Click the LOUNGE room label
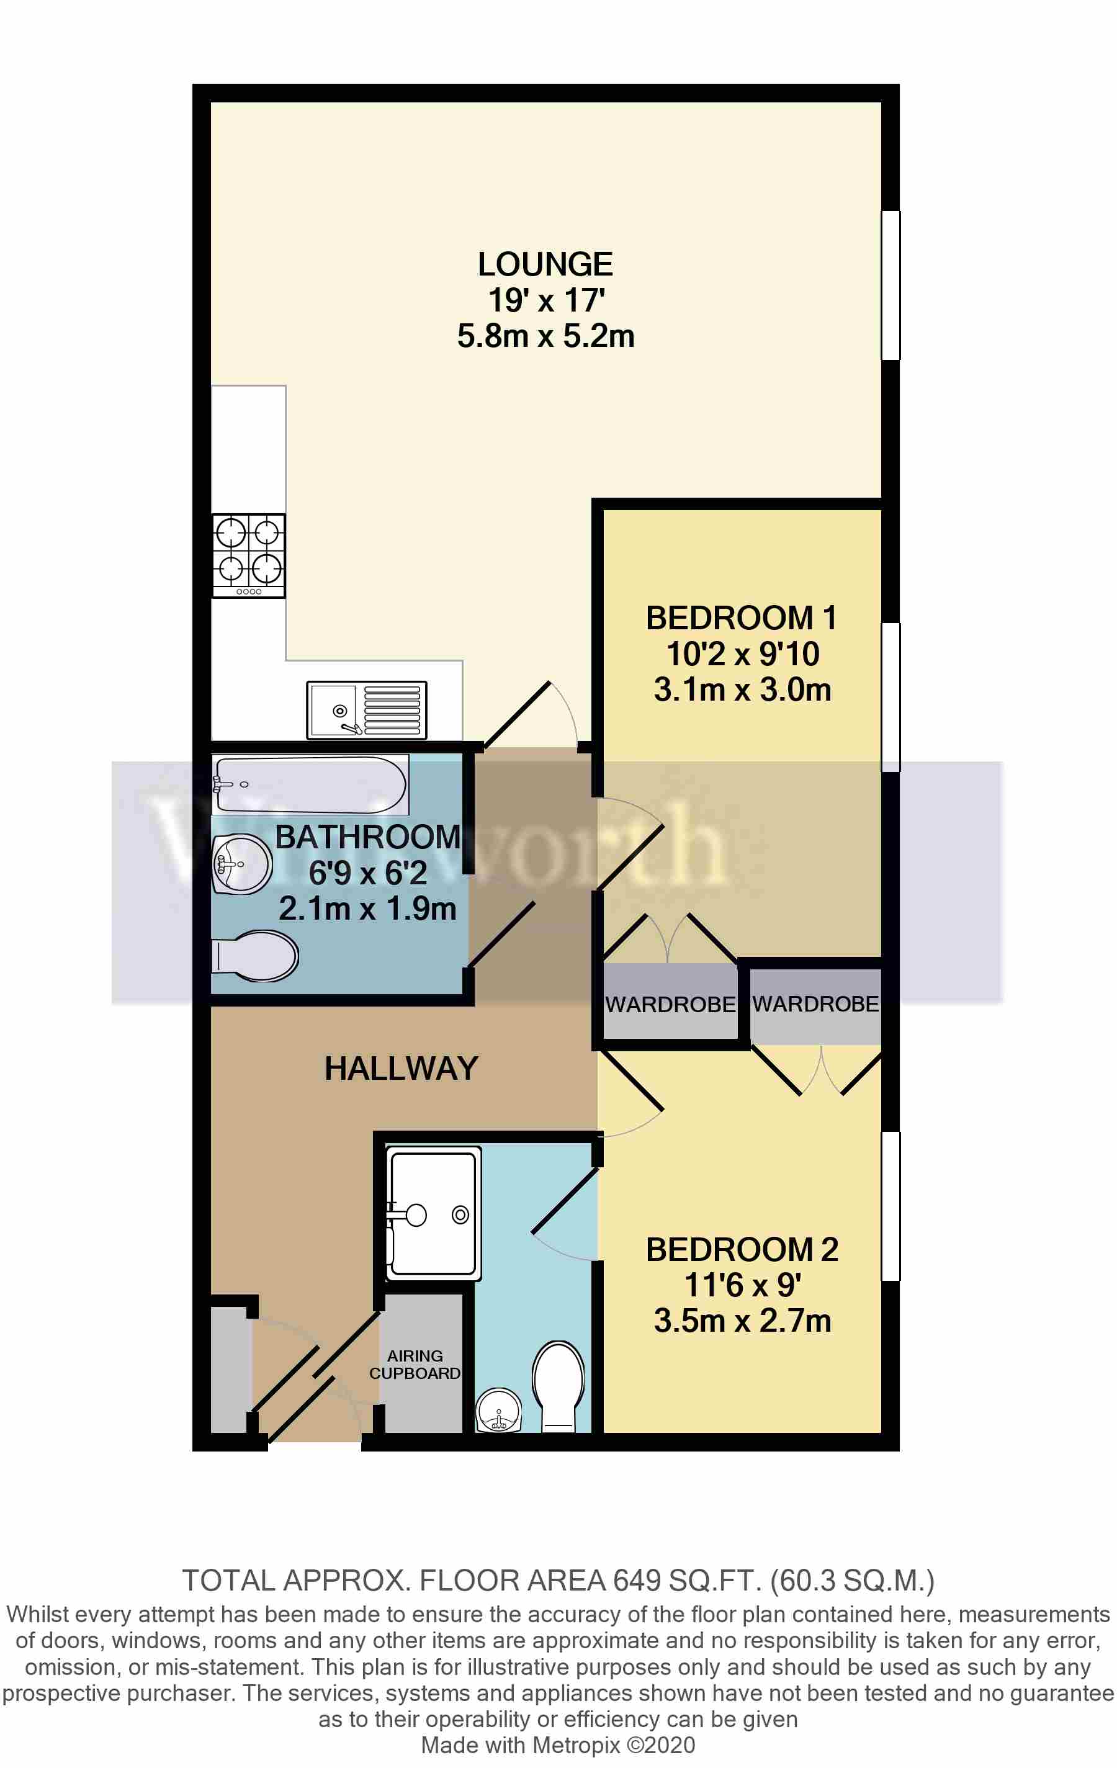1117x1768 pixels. [545, 265]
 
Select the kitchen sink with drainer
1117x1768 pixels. [367, 710]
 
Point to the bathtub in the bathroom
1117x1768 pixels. [309, 784]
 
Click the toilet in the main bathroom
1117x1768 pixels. [256, 956]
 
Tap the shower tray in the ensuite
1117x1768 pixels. [433, 1213]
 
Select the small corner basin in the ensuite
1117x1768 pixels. [499, 1410]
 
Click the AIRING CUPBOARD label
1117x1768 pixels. [415, 1364]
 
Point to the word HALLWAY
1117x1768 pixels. [401, 1068]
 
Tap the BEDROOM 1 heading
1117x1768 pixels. [742, 618]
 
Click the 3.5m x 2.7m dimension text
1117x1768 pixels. [742, 1321]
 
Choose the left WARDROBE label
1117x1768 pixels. [670, 1005]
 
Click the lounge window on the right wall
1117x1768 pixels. [890, 285]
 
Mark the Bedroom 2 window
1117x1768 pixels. [890, 1206]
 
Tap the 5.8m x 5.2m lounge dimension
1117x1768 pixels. [545, 336]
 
